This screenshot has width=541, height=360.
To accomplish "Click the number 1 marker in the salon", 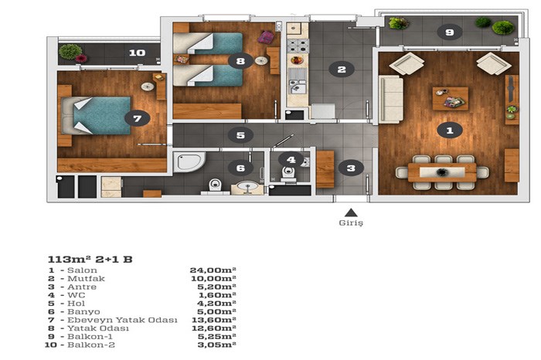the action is point(450,131).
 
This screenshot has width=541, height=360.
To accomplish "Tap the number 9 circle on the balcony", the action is point(449,32).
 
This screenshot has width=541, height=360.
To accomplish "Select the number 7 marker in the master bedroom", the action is point(138,119).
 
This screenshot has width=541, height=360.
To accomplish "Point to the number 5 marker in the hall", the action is point(240,135).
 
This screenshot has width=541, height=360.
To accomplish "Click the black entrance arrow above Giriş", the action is point(351,212).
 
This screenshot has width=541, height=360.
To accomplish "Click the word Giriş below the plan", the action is point(351,222).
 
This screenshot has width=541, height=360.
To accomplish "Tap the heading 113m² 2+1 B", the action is point(90,260).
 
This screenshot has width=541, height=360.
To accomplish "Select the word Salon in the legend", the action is point(82,270).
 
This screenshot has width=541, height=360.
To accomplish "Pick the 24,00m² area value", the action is point(213,270).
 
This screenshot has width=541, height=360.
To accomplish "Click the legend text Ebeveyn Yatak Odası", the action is point(122,320).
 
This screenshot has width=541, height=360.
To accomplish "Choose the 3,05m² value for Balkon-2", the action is point(217,345).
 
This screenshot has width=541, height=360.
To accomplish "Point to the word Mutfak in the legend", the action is point(86,279).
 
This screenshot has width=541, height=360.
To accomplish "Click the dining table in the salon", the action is point(442,172).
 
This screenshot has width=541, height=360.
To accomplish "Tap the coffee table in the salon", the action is point(451,99).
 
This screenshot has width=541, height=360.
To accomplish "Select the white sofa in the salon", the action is point(391,100).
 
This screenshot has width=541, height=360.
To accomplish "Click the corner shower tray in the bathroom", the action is point(189,161).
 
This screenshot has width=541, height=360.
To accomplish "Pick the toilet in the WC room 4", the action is point(288,172).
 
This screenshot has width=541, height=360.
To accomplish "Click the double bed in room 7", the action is point(97,116).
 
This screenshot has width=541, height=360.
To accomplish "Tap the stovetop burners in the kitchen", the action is point(298,46).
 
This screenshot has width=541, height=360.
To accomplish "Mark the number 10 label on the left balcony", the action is point(138,53).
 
